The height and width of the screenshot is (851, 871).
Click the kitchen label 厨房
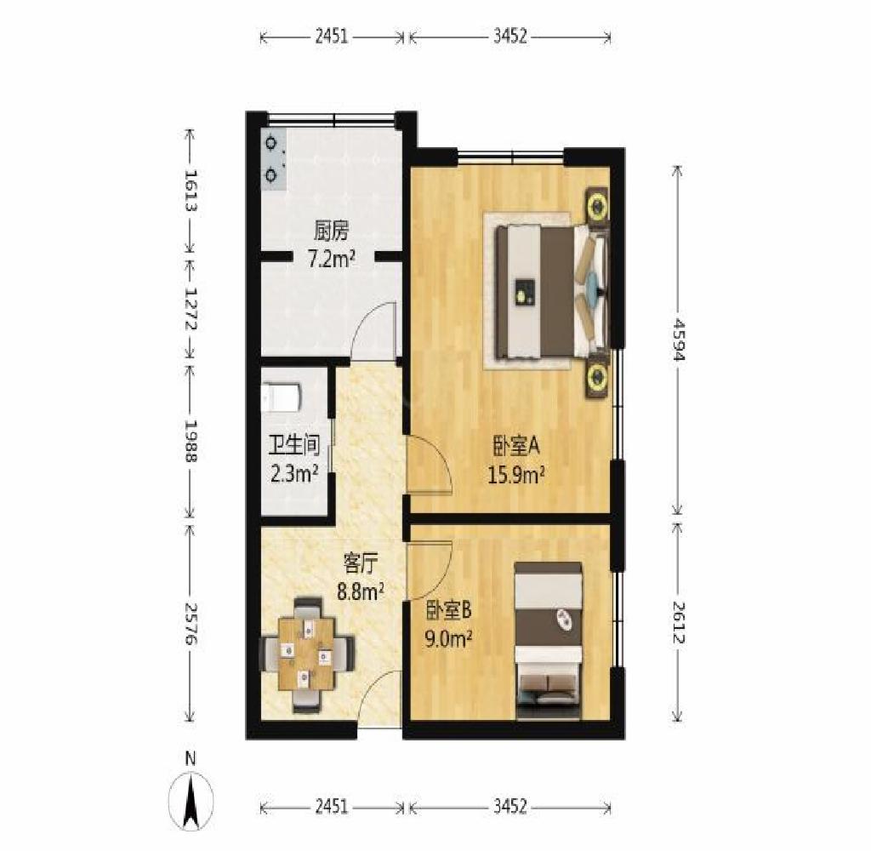pos(331,231)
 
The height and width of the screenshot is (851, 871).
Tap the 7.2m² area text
pos(332,259)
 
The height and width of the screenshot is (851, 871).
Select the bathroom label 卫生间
pos(293,445)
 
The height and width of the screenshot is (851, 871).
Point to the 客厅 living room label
pos(361,564)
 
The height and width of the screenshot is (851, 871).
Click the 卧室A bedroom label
pos(516,446)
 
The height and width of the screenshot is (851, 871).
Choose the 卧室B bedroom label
pos(448,611)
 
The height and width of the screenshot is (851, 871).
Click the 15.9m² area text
pos(515,475)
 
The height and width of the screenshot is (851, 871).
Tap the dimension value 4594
pos(678,339)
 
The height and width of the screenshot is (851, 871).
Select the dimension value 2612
pos(678,623)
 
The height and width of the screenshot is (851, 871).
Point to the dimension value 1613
pos(191,191)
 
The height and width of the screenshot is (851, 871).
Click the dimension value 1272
pos(191,309)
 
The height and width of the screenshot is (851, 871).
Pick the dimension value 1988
pos(191,441)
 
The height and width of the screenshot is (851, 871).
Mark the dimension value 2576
pos(191,624)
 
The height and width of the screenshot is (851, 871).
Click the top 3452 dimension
pos(510,37)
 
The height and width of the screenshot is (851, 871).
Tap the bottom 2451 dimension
pos(332,807)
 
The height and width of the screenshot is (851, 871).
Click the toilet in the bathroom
pos(281,397)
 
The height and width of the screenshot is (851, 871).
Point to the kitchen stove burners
pos(272,158)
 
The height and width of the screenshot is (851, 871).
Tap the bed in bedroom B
pos(549,641)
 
